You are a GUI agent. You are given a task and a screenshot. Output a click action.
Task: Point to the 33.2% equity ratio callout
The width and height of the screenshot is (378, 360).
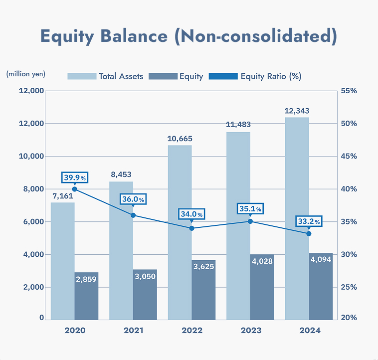[x=309, y=221]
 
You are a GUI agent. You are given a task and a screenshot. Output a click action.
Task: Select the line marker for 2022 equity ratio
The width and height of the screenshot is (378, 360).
[x=192, y=228]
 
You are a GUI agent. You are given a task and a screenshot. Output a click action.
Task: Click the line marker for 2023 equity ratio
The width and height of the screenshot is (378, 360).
[x=250, y=221]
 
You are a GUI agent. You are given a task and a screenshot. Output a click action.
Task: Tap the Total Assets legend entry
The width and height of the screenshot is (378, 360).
[x=105, y=76]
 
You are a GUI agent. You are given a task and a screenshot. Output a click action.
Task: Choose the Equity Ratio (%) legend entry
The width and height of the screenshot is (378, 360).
[x=255, y=76]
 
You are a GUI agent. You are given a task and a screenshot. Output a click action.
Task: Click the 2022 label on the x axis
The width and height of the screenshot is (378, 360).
[x=192, y=330]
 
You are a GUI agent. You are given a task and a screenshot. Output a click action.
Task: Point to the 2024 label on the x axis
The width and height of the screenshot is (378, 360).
[x=309, y=330]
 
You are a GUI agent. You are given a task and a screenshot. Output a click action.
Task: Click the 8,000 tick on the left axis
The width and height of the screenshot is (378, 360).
[x=32, y=189]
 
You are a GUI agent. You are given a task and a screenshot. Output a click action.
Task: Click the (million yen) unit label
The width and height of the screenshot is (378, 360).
[x=25, y=74]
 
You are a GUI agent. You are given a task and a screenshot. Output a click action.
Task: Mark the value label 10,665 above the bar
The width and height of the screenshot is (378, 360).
[x=180, y=138]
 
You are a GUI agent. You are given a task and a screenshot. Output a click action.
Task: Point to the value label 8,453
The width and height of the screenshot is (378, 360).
[x=121, y=175]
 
